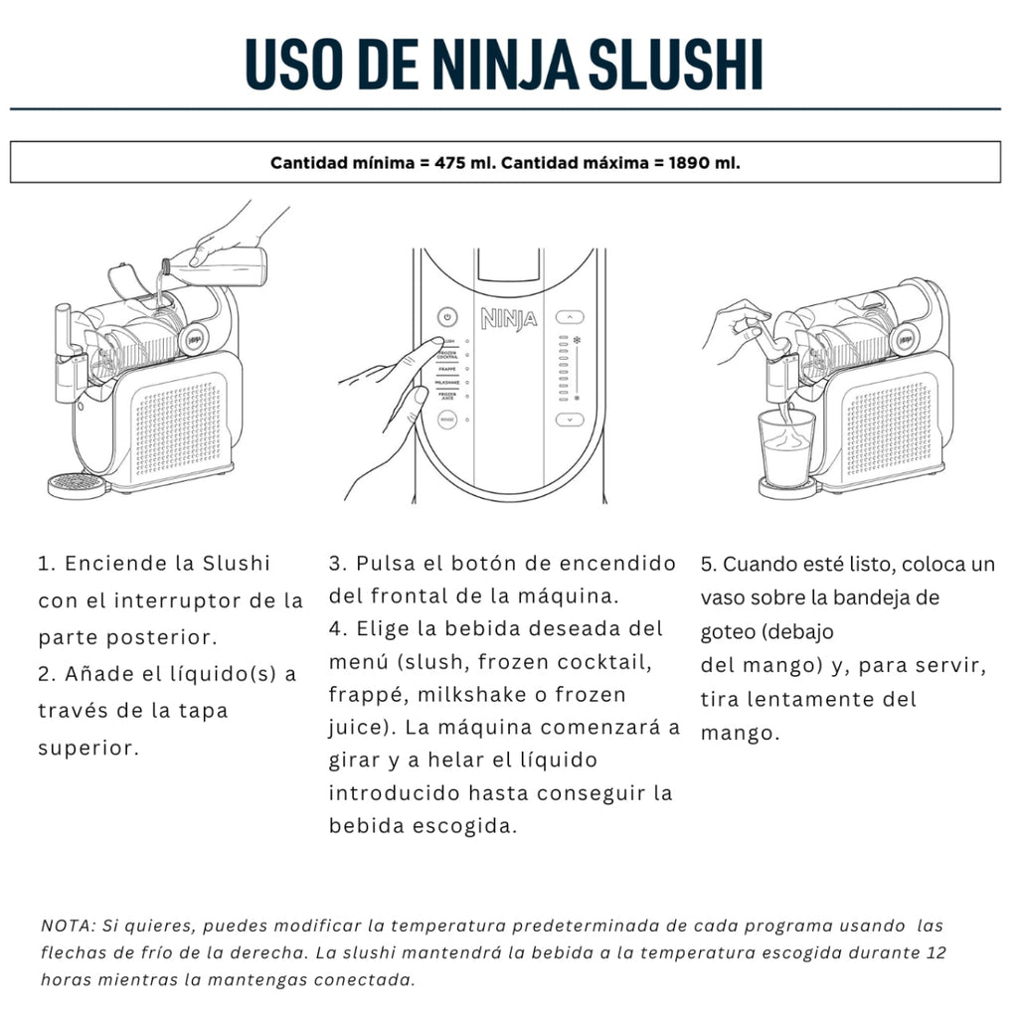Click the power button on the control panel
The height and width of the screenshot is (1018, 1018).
(x=446, y=317)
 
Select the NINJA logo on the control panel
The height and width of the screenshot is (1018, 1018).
(x=509, y=318)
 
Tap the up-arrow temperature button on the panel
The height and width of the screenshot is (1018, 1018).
(x=570, y=317)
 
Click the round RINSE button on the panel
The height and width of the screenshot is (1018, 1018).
(x=447, y=421)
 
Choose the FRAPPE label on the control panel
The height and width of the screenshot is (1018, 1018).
(x=447, y=370)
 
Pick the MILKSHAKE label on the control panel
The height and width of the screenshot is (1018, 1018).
(x=447, y=383)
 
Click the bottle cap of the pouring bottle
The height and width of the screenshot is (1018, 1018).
(x=166, y=265)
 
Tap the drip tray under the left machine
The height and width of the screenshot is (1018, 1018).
(x=77, y=484)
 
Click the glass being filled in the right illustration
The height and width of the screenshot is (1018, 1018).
(x=786, y=448)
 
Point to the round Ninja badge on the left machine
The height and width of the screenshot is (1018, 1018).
(x=194, y=339)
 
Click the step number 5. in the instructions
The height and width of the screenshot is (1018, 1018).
(x=708, y=565)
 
